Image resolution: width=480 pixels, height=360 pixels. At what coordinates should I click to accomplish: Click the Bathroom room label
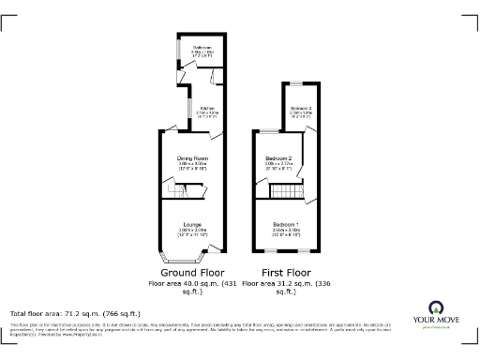tap(202, 47)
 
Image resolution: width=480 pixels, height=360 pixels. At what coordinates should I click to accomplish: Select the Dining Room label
tap(191, 158)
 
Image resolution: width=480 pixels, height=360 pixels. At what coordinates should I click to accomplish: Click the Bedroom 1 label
tap(287, 225)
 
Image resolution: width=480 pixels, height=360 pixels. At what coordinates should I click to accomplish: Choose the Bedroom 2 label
tap(278, 158)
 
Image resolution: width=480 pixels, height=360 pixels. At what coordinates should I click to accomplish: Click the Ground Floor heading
tap(191, 273)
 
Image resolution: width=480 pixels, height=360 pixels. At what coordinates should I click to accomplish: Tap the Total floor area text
tap(75, 312)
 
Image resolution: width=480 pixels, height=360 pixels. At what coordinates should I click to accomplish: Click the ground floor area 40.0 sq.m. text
tap(191, 287)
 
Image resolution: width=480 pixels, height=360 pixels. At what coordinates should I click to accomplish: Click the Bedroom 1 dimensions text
tap(287, 232)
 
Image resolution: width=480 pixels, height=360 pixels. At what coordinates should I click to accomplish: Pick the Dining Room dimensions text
tap(191, 166)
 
